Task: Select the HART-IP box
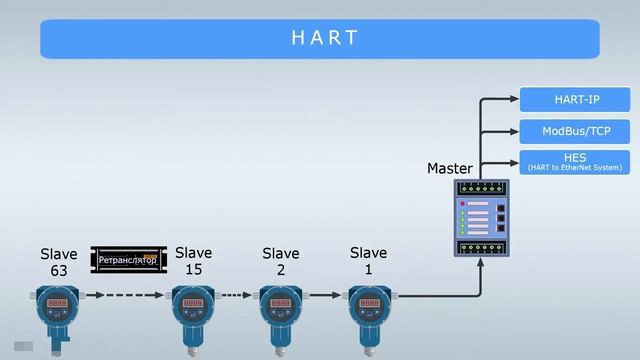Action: pos(574,99)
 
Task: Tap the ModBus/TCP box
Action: pos(574,131)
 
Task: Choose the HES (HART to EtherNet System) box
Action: pos(574,162)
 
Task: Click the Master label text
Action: pos(450,168)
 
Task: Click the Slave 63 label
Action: pos(58,263)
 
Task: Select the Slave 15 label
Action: pos(194,261)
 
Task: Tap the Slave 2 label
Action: pos(281,261)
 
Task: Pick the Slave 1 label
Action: pos(369,261)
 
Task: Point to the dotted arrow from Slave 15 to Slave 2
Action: pos(236,296)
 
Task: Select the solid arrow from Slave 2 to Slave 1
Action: pos(325,296)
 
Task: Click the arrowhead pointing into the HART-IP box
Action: pos(513,99)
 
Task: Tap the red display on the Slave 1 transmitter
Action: pos(367,302)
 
